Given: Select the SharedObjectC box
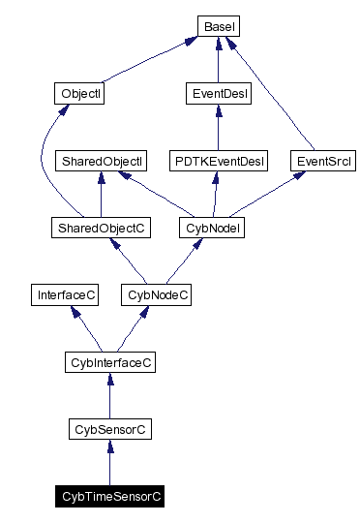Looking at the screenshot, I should (101, 228).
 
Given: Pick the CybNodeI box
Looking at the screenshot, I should (210, 228).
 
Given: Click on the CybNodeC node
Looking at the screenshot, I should (155, 294).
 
